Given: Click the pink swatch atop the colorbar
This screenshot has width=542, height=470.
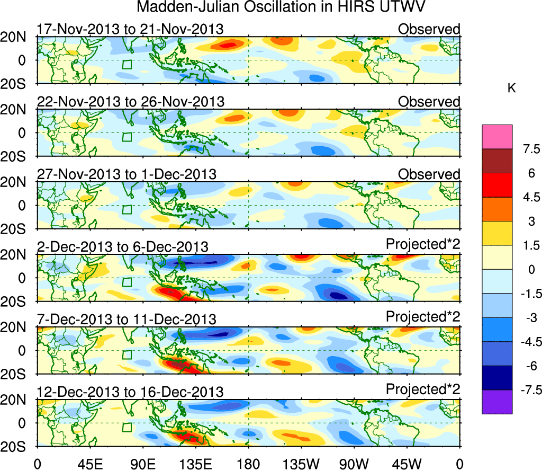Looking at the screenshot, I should [497, 136].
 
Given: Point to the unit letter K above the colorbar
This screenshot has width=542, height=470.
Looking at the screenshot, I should [511, 88].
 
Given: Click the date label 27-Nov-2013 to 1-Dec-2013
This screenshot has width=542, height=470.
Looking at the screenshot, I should [127, 174].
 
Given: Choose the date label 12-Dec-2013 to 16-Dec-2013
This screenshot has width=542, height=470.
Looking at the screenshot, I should [130, 392].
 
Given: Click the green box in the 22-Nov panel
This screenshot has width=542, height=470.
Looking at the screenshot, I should [127, 137].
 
